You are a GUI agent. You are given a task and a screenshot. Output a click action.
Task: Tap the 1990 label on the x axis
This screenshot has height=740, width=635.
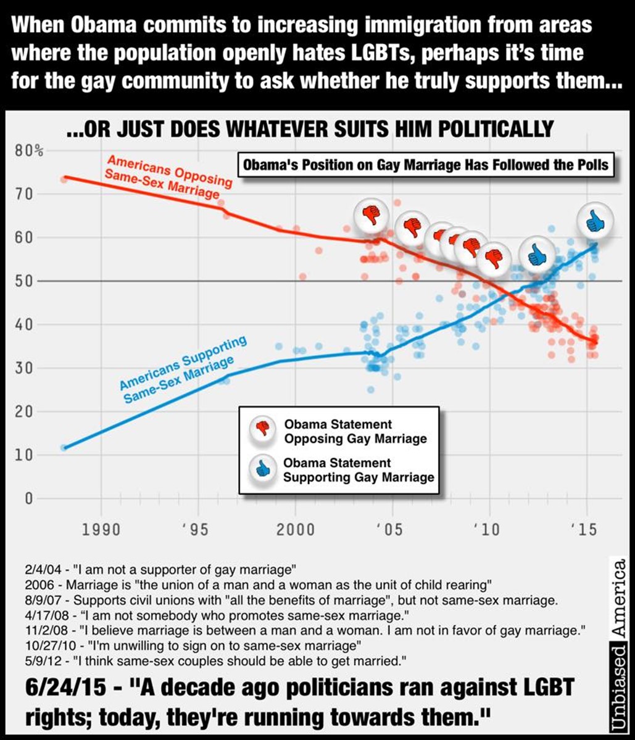(x=102, y=530)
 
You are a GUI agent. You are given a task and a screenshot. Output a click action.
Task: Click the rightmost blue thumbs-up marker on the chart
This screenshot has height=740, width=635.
(x=595, y=221)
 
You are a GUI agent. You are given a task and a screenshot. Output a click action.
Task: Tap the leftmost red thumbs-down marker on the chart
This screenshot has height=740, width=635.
(x=371, y=215)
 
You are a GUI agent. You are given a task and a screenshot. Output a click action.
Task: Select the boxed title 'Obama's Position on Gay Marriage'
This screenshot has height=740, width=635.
(x=426, y=165)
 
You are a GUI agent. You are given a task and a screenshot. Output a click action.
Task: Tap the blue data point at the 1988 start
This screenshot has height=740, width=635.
(x=64, y=448)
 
